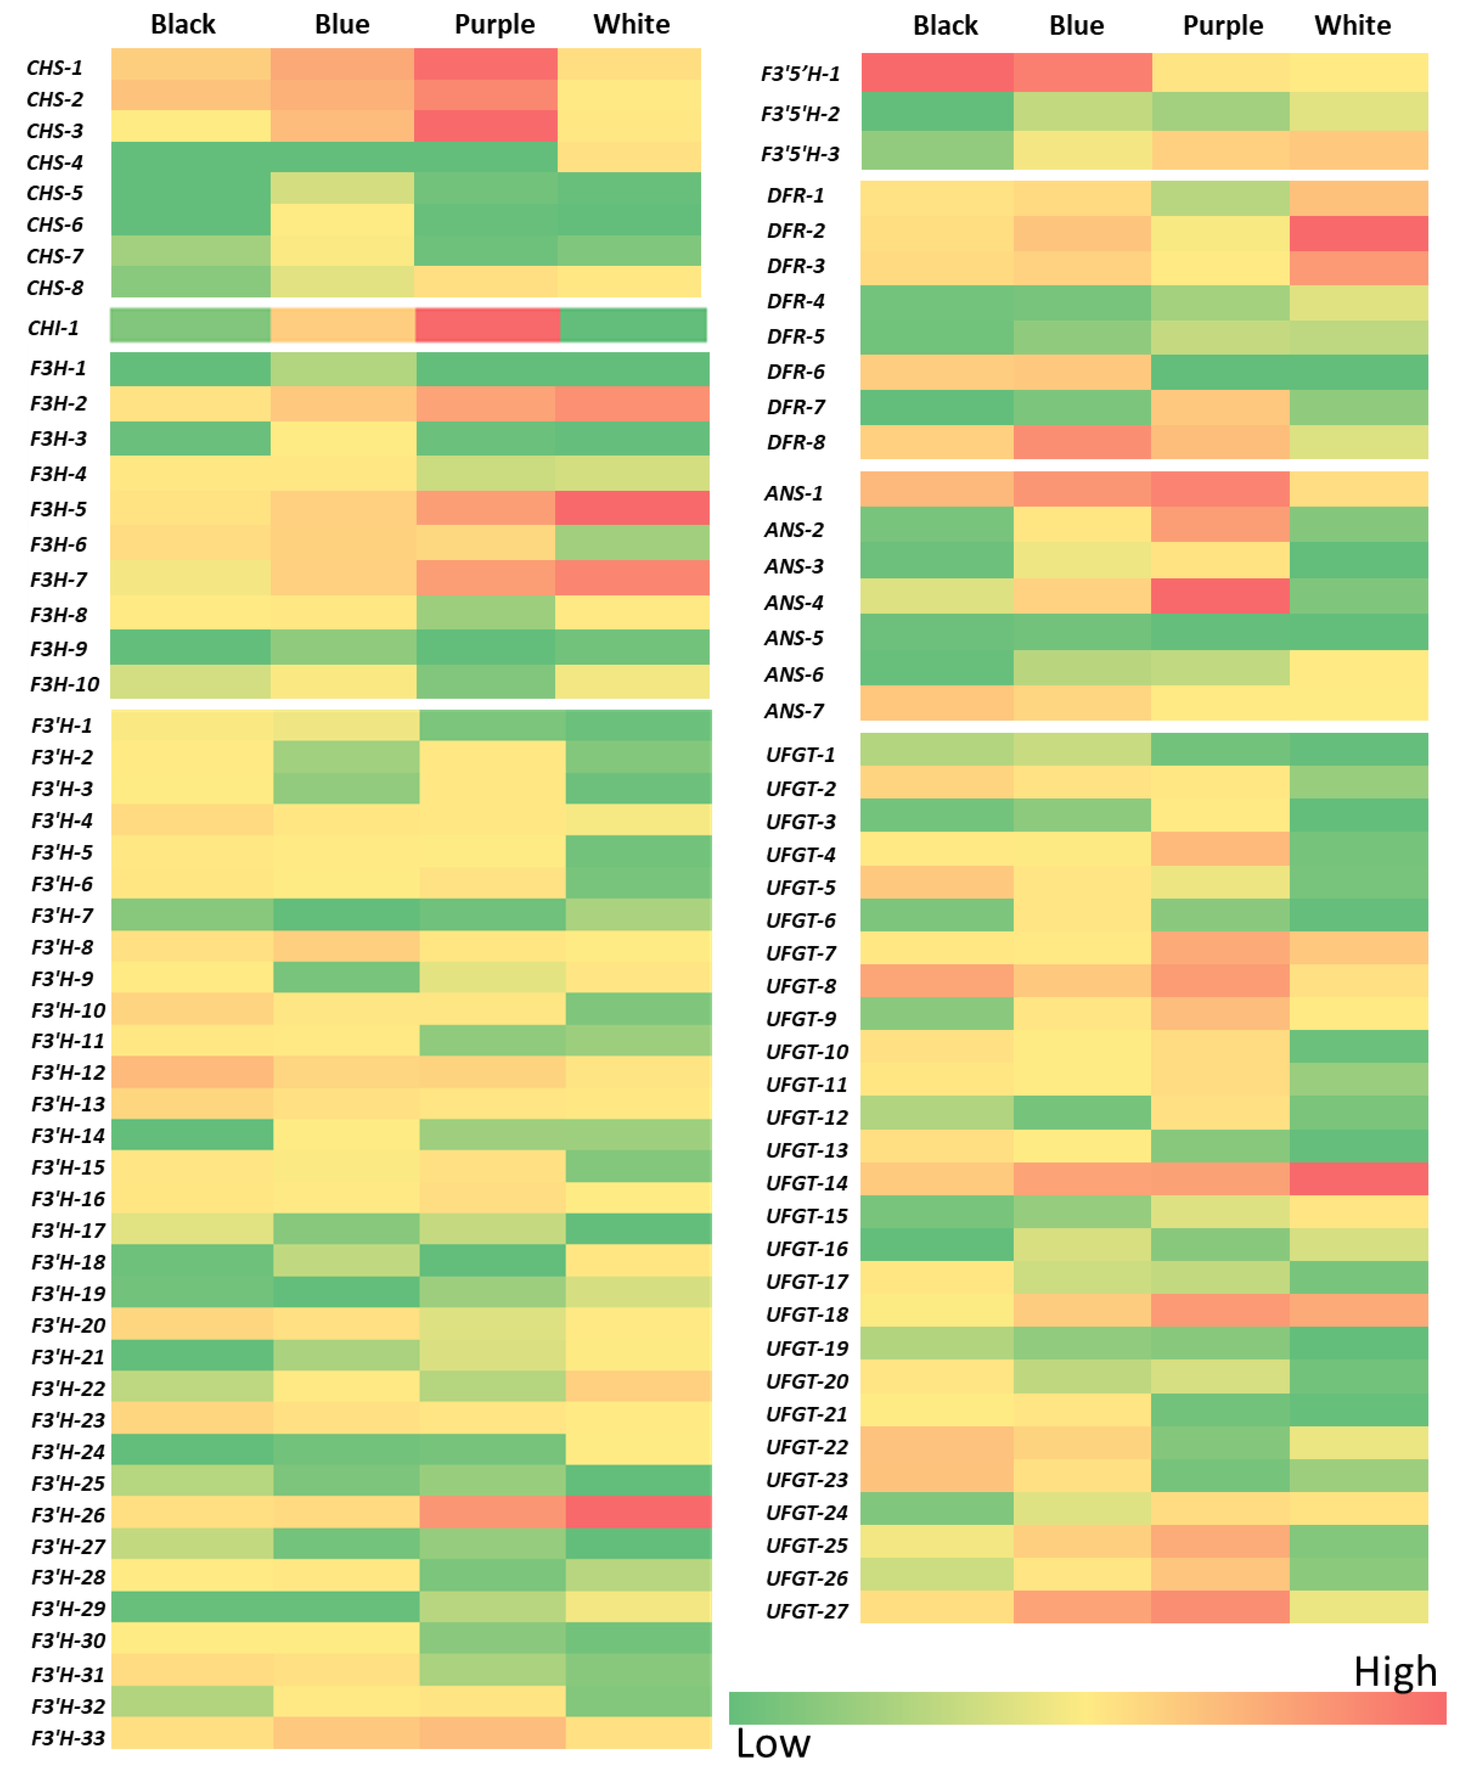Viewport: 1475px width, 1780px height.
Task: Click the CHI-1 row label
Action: [x=53, y=328]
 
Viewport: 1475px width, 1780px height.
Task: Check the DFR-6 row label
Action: [x=795, y=372]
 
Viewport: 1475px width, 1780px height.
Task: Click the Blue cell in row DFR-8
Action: [x=1082, y=441]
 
